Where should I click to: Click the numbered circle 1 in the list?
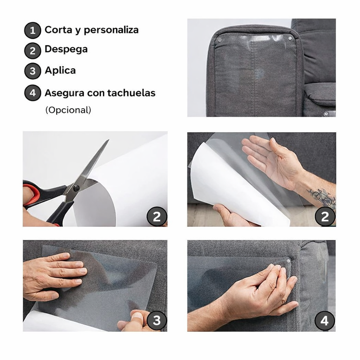click(x=32, y=31)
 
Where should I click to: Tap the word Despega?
click(x=66, y=49)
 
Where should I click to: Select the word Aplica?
click(x=60, y=70)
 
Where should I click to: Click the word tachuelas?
click(x=131, y=93)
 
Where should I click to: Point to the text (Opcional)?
click(x=68, y=110)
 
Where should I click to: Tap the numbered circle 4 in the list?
click(x=32, y=94)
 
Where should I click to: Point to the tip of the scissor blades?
click(x=108, y=140)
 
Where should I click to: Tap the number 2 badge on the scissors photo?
click(x=156, y=217)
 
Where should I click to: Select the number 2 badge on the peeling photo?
click(x=325, y=217)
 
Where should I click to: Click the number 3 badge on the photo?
click(x=156, y=320)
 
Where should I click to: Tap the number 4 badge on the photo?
click(x=324, y=321)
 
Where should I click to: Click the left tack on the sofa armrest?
click(x=219, y=40)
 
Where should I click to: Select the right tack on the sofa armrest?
click(x=290, y=38)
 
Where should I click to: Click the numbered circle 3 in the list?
click(x=32, y=71)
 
